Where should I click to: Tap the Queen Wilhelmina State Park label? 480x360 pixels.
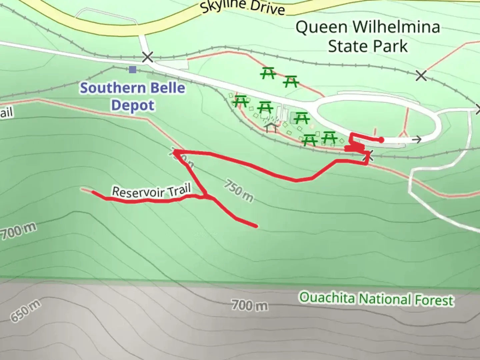coord(368,36)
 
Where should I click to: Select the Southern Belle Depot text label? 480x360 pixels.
coord(133,96)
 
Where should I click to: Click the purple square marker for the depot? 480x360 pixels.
coord(133,69)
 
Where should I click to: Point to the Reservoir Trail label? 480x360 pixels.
coord(151,192)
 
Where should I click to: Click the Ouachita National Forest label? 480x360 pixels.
coord(376,299)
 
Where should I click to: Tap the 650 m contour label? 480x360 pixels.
coord(25,311)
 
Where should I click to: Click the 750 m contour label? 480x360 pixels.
coord(238,190)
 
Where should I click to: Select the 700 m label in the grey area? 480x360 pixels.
coord(250,305)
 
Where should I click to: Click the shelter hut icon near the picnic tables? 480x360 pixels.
coord(271,127)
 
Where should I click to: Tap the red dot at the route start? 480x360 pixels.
coord(381,140)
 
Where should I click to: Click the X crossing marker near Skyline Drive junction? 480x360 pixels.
coord(147,57)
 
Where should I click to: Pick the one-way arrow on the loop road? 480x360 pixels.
coord(416,139)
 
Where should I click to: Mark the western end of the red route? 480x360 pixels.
coord(93,192)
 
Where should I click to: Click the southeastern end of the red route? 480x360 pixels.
coord(256,226)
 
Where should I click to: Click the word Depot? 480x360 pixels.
coord(133,105)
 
